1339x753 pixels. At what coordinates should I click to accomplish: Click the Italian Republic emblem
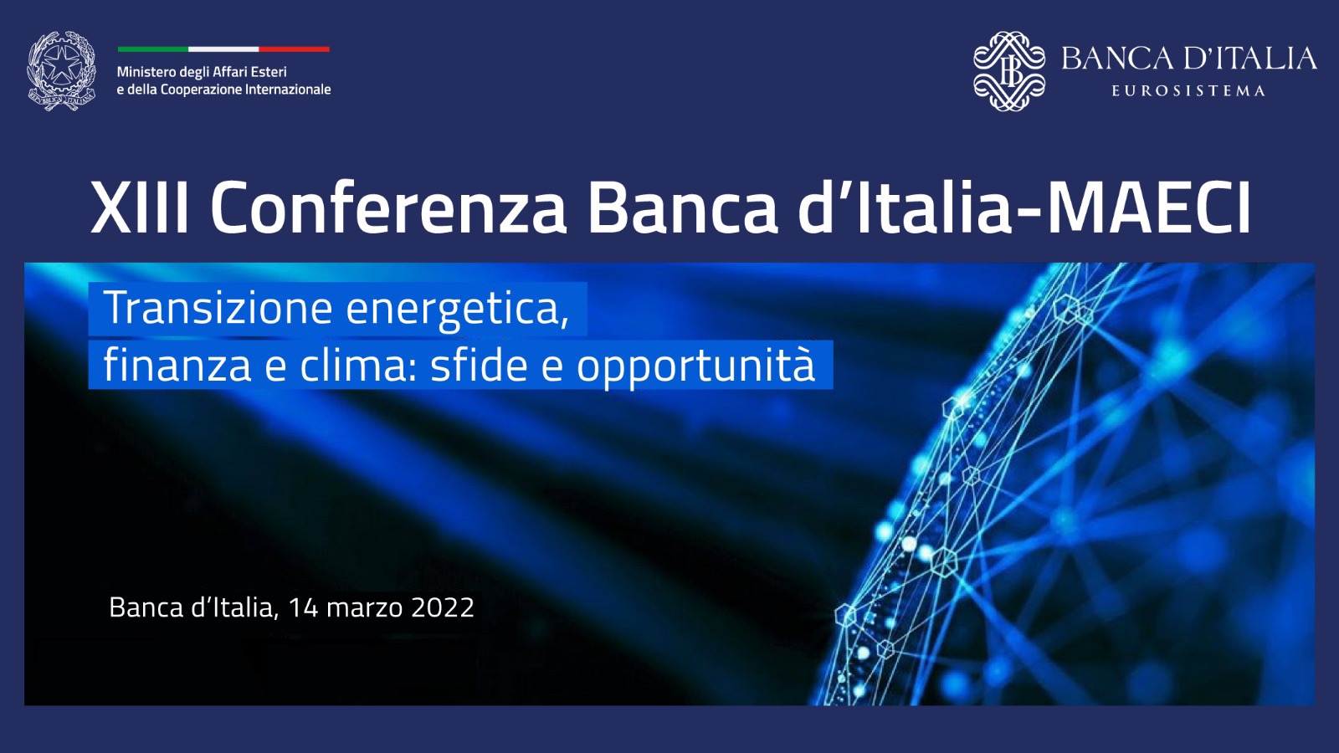click(x=62, y=71)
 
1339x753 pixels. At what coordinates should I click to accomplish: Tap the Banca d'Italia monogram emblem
click(x=1009, y=71)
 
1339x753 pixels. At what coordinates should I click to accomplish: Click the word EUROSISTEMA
click(x=1188, y=91)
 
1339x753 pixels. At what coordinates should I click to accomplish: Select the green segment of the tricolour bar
click(x=153, y=49)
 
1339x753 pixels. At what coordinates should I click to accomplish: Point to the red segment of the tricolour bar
click(x=294, y=49)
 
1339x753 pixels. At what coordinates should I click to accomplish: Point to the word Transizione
click(x=218, y=308)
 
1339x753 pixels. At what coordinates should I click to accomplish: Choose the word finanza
click(x=177, y=365)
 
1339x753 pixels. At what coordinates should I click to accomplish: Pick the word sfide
click(x=479, y=365)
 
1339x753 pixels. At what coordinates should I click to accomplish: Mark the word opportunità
click(x=695, y=366)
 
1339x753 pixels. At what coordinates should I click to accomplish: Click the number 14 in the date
click(x=303, y=607)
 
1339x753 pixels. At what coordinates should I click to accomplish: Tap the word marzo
click(x=364, y=609)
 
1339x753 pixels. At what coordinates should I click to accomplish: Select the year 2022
click(x=443, y=607)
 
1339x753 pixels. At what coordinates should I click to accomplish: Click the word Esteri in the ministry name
click(x=271, y=72)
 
